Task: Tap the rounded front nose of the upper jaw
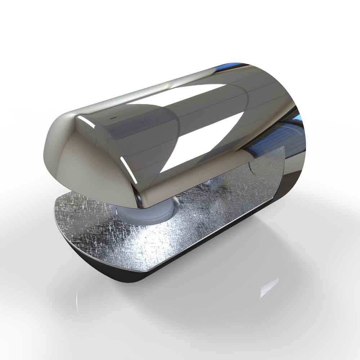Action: (x=54, y=144)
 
